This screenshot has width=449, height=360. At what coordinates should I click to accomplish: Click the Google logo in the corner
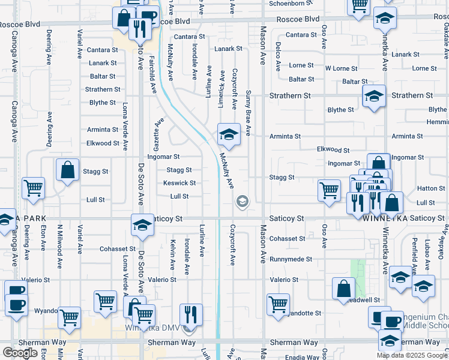[20, 353]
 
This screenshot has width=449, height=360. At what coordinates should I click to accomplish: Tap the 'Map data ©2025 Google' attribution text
[412, 355]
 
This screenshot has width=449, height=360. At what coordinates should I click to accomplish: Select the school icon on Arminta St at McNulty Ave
[229, 136]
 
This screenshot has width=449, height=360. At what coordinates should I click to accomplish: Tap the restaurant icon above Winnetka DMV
[191, 314]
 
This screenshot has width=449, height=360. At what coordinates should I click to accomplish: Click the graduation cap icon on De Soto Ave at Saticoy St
[142, 226]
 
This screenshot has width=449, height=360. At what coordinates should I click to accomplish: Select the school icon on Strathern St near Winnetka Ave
[374, 96]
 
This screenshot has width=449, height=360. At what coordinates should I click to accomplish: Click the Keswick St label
[179, 183]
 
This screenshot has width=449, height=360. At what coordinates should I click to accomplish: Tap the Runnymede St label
[291, 259]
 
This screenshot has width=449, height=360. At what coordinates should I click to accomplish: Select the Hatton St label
[430, 188]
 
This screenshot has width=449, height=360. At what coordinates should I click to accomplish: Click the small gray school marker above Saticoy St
[242, 201]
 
